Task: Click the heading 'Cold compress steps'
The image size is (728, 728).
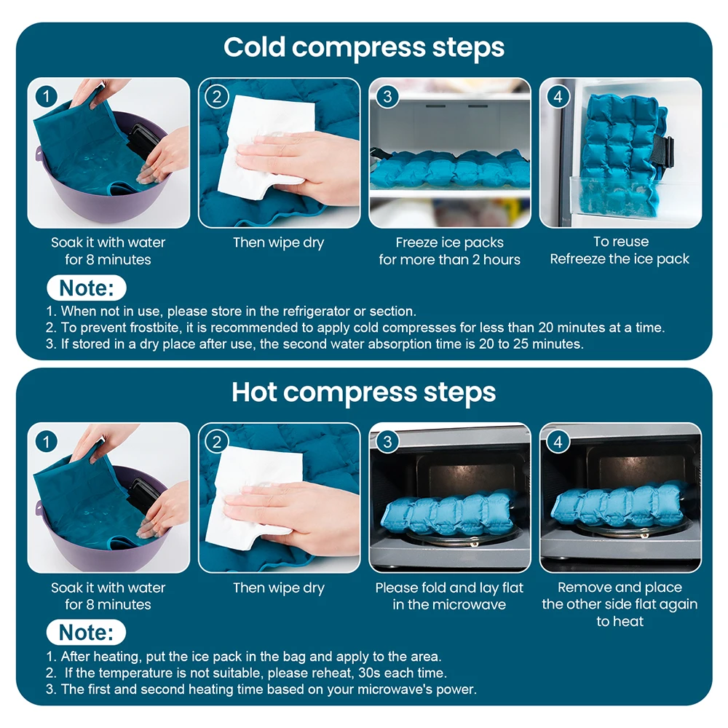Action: tap(363, 47)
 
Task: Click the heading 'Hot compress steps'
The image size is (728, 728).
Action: tap(363, 392)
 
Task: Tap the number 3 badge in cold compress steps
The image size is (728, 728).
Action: tap(387, 96)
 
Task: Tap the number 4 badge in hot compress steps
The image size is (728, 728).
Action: tap(558, 441)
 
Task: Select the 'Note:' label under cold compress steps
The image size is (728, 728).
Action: tap(87, 288)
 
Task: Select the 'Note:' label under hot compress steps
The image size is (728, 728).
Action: tap(87, 632)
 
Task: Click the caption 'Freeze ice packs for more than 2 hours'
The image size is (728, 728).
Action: tap(449, 251)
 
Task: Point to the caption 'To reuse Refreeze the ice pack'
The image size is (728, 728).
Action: tap(620, 250)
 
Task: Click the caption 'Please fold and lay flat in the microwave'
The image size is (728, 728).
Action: tap(449, 596)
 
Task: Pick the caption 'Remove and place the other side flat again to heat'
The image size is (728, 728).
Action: tap(620, 604)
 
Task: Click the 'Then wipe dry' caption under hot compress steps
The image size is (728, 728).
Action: tap(279, 588)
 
